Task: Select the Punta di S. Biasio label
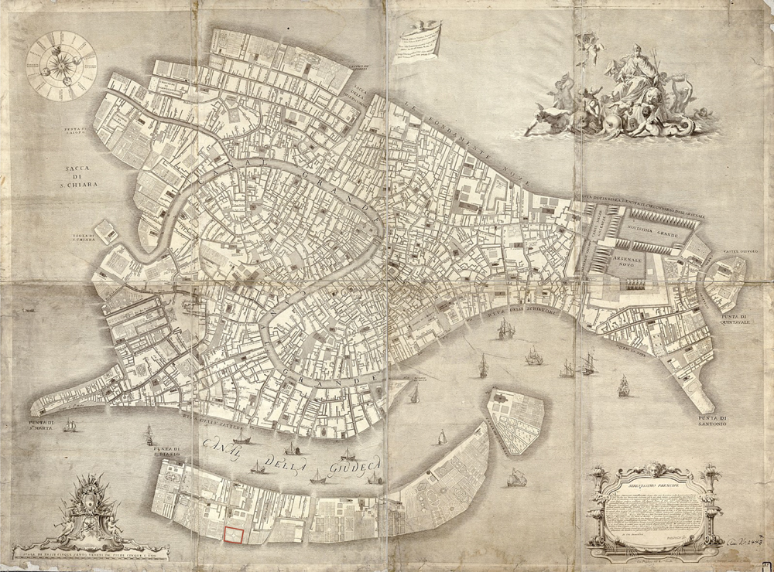(x=166, y=451)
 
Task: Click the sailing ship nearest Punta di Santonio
(x=623, y=385)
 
